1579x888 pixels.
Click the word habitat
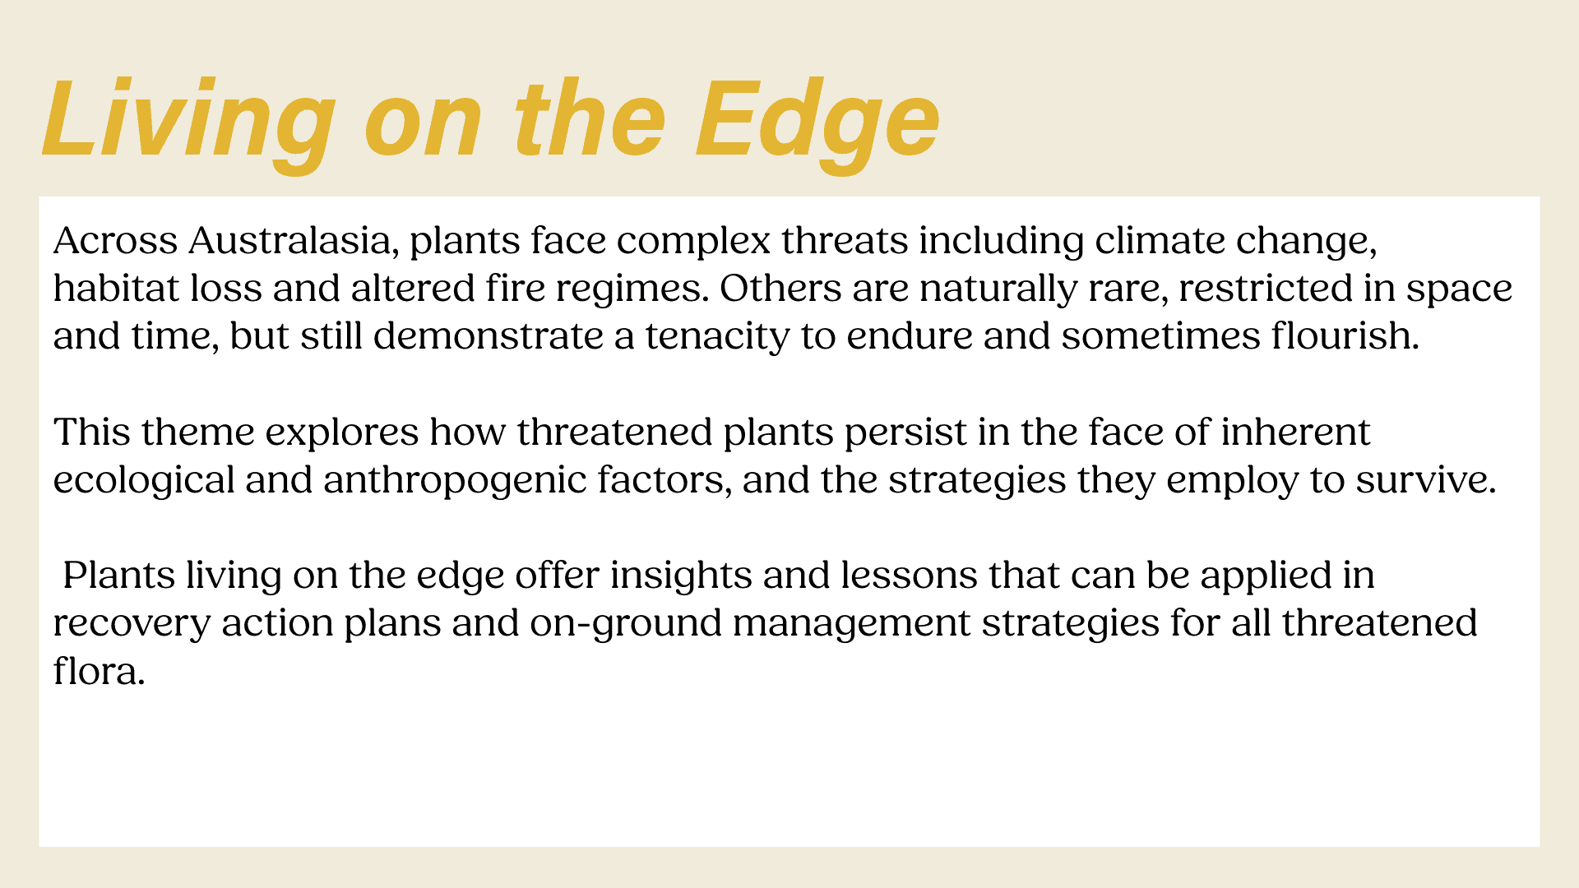coord(117,289)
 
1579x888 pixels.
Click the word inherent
coord(1295,432)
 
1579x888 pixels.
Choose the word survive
coord(1426,481)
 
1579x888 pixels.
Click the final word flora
coord(100,672)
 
